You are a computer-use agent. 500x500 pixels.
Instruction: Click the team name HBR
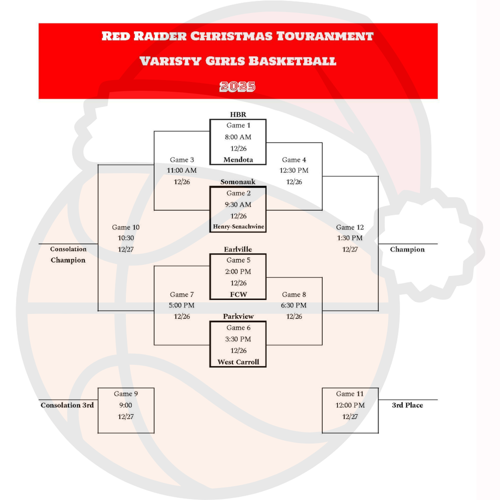[x=238, y=115]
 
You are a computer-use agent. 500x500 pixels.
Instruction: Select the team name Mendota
[x=238, y=160]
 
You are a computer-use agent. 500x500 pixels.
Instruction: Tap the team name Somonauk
[x=238, y=182]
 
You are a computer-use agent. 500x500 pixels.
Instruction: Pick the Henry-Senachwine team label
[x=238, y=227]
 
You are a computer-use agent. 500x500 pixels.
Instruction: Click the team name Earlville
[x=238, y=250]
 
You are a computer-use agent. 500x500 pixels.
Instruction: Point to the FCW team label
[x=238, y=294]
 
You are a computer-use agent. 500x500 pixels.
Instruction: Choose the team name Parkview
[x=238, y=316]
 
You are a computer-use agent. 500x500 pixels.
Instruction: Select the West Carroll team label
[x=238, y=362]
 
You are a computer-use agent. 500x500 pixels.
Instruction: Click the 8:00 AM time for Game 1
[x=238, y=137]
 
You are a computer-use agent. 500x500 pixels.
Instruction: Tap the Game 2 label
[x=238, y=193]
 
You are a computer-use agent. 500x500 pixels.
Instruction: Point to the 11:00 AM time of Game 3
[x=182, y=171]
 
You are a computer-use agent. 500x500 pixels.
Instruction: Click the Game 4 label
[x=294, y=160]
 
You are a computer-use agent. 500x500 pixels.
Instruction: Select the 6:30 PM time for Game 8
[x=294, y=306]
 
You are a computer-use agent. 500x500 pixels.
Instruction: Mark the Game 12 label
[x=350, y=227]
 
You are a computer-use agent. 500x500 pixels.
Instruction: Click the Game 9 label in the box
[x=126, y=394]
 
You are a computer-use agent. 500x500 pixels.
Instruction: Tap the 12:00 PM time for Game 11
[x=350, y=405]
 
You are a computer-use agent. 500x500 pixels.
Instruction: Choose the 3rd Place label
[x=407, y=405]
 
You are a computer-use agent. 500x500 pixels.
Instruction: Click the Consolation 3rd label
[x=67, y=405]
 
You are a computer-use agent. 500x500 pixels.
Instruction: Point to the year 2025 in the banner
[x=238, y=87]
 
